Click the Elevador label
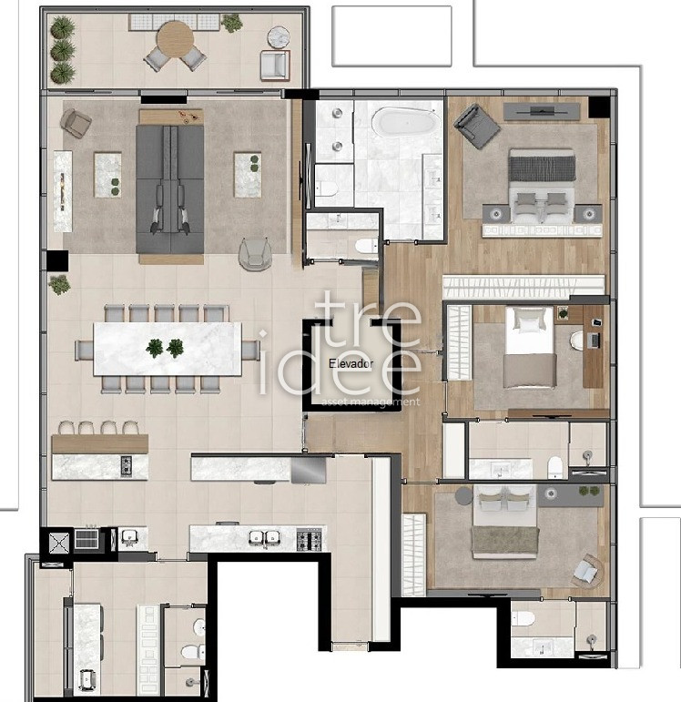351,363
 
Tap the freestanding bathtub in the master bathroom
405,121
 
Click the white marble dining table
168,349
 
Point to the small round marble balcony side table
279,36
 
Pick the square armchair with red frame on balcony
275,66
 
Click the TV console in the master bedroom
542,111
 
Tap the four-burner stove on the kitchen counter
309,540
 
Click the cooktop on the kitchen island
127,465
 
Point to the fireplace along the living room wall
63,191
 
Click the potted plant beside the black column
59,285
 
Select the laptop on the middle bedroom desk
595,341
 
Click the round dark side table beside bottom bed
463,495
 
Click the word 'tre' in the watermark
368,320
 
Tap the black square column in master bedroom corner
599,107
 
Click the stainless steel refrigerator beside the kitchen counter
309,470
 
